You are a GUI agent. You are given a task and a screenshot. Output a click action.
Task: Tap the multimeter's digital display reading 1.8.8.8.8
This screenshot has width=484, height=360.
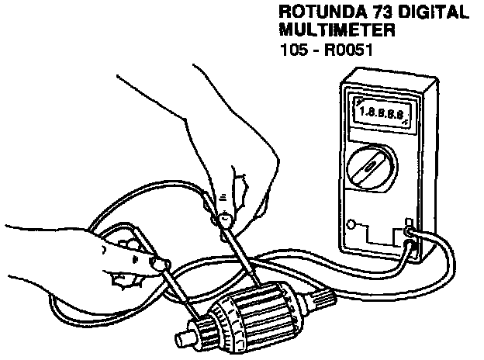coord(382,113)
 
